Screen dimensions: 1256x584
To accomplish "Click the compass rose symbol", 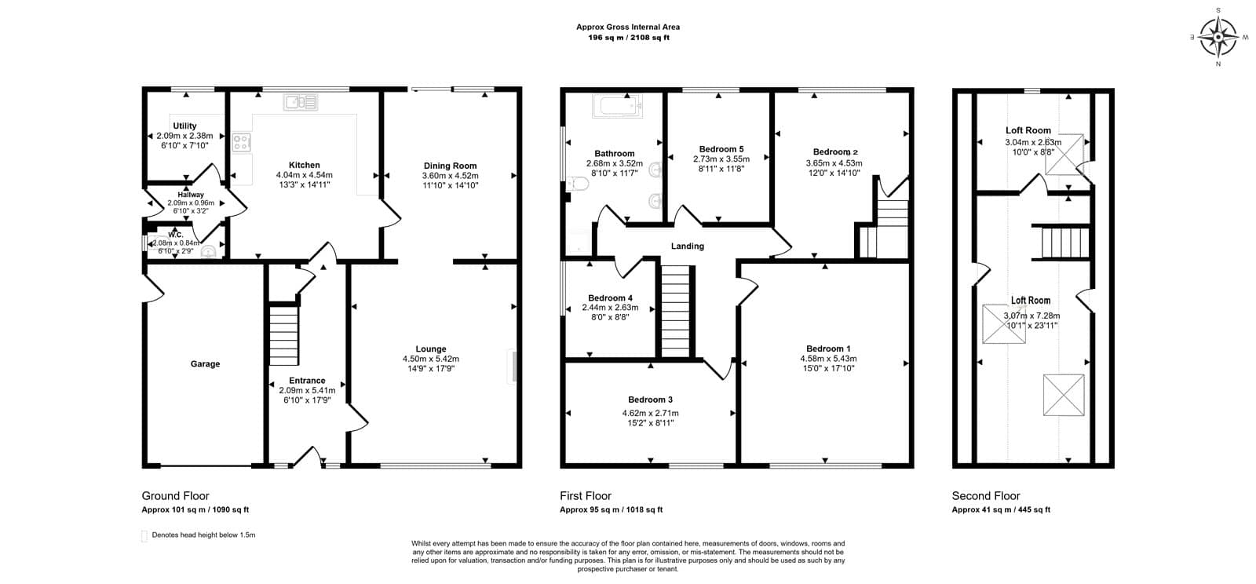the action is [x=1218, y=37].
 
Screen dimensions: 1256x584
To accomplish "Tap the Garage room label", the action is [x=205, y=364].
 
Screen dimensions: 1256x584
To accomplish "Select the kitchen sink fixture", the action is [x=301, y=103].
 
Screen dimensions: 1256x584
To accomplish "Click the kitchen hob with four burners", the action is [x=242, y=142].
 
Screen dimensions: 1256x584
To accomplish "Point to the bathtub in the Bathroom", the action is [x=617, y=105].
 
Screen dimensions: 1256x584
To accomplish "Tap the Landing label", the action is [x=688, y=246].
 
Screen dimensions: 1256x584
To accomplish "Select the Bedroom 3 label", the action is [x=651, y=400].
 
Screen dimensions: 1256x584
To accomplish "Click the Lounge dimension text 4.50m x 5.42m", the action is [x=431, y=359].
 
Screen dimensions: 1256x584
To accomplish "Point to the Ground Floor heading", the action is [x=175, y=496].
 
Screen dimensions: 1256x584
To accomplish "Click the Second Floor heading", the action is [x=986, y=496].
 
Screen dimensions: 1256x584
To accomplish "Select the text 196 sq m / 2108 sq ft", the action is [x=629, y=38].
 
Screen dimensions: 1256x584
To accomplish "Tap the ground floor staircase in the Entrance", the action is [x=283, y=335].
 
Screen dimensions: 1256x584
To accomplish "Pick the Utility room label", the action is [x=184, y=126].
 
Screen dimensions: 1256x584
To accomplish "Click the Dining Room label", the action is [x=451, y=166].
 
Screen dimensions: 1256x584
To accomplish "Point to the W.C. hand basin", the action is [x=209, y=252].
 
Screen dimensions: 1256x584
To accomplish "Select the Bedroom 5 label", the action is [x=721, y=149].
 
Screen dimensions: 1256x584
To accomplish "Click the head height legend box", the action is [x=144, y=536].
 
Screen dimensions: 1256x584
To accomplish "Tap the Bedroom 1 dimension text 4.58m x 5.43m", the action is [x=828, y=359].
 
